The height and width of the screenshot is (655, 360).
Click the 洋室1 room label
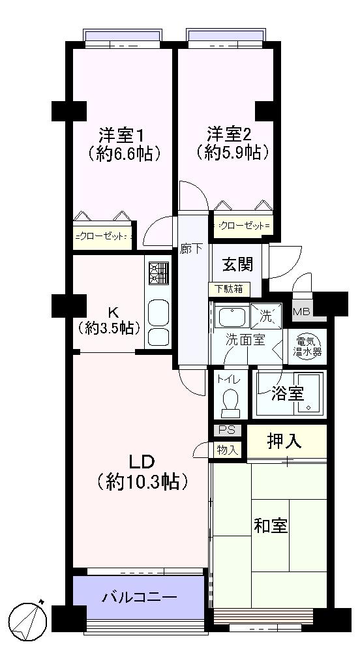[121, 135]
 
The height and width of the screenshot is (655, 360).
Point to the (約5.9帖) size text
[232, 153]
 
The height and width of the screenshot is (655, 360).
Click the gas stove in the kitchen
[158, 273]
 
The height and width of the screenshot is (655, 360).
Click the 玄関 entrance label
[237, 266]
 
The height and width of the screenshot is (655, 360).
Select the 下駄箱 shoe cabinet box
[226, 288]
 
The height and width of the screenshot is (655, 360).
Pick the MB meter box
[301, 311]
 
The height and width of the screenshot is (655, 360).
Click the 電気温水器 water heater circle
[308, 346]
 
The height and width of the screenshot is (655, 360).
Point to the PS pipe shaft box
[226, 430]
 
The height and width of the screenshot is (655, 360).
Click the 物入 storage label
[228, 449]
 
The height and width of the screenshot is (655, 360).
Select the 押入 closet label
[284, 442]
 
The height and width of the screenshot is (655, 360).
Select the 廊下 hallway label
[192, 249]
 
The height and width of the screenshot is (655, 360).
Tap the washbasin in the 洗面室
[229, 318]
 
